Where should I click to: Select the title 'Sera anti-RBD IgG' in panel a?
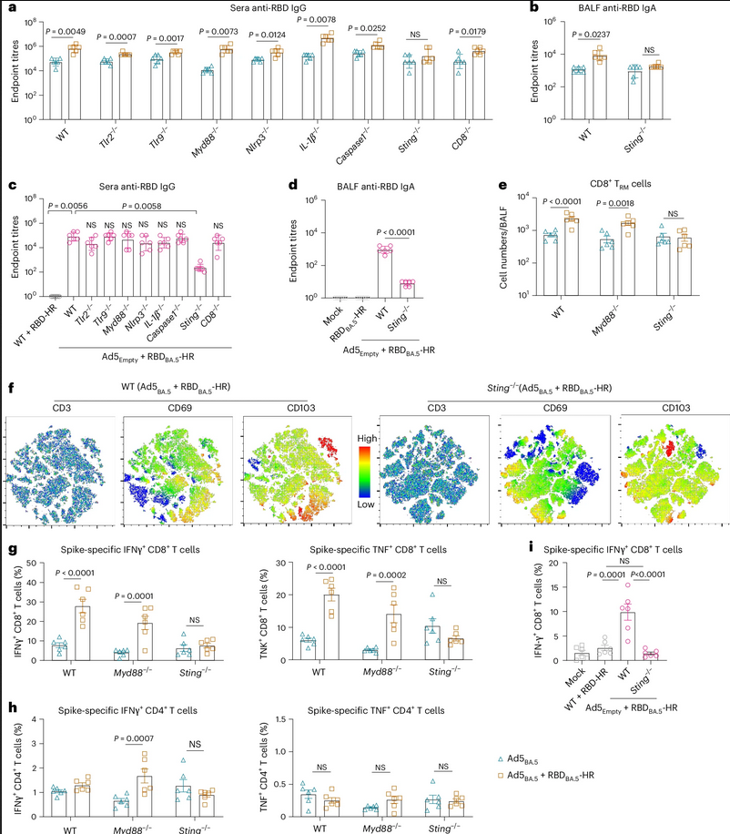click(x=285, y=9)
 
